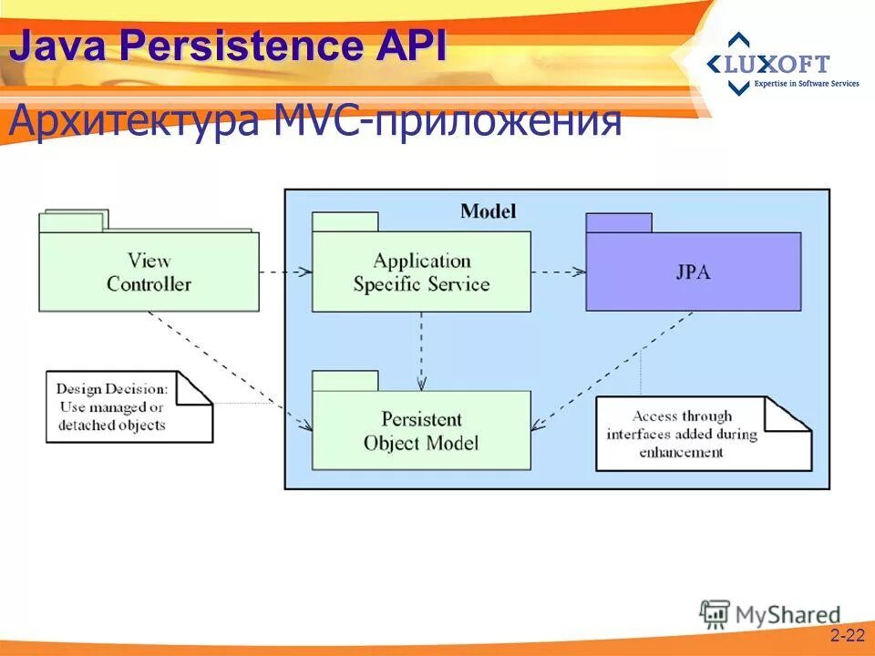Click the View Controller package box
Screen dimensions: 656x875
point(149,272)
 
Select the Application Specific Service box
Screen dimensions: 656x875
point(421,272)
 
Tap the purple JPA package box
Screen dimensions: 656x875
point(694,272)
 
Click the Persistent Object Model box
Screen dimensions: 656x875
point(421,431)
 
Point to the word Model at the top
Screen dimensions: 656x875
point(488,211)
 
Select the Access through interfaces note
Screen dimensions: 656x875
point(702,434)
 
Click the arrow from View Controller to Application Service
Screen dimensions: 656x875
point(285,272)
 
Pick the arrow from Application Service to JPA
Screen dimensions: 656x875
point(558,272)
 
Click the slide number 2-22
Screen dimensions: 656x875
point(846,635)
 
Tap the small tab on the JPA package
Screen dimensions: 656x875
point(619,222)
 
